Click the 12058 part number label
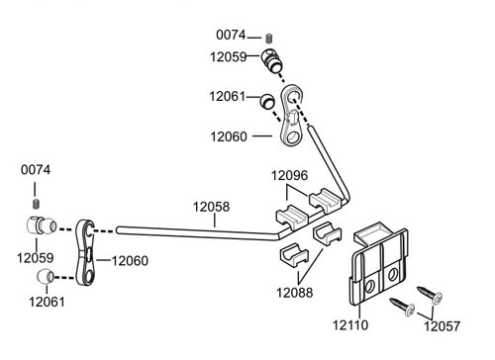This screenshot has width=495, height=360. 211,207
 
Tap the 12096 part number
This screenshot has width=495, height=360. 289,175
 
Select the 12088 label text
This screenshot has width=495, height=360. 294,293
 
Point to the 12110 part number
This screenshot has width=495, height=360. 350,325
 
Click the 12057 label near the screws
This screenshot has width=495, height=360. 442,326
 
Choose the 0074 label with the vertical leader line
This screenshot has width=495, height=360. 36,170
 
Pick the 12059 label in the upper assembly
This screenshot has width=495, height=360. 229,57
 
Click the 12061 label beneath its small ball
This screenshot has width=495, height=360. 47,302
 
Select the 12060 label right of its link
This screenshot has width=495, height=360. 130,261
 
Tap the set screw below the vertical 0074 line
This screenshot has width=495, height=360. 36,204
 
